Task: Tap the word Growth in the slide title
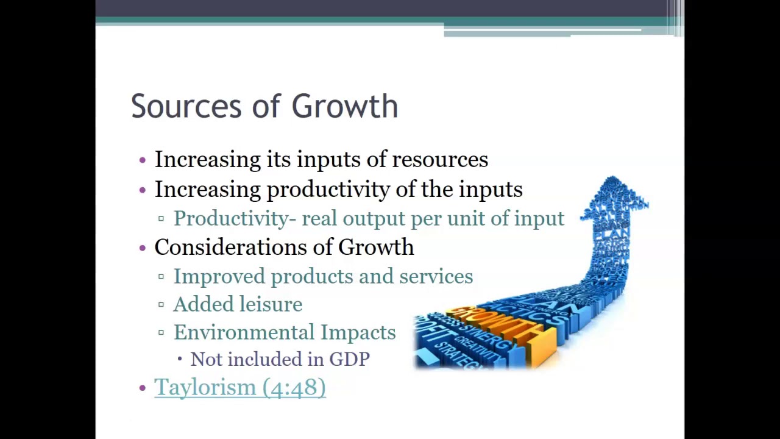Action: pyautogui.click(x=344, y=107)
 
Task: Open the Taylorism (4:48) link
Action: pyautogui.click(x=239, y=388)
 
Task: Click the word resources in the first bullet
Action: pyautogui.click(x=439, y=160)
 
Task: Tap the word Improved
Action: pyautogui.click(x=219, y=277)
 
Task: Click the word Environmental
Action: pyautogui.click(x=244, y=333)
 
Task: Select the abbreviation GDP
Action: pyautogui.click(x=349, y=360)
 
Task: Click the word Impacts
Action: pyautogui.click(x=358, y=333)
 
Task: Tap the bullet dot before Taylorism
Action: pyautogui.click(x=143, y=388)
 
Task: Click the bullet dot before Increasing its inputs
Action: pyautogui.click(x=143, y=160)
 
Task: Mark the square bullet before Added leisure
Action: pyautogui.click(x=161, y=304)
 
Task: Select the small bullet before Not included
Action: pyautogui.click(x=180, y=359)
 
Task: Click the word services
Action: pyautogui.click(x=436, y=277)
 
